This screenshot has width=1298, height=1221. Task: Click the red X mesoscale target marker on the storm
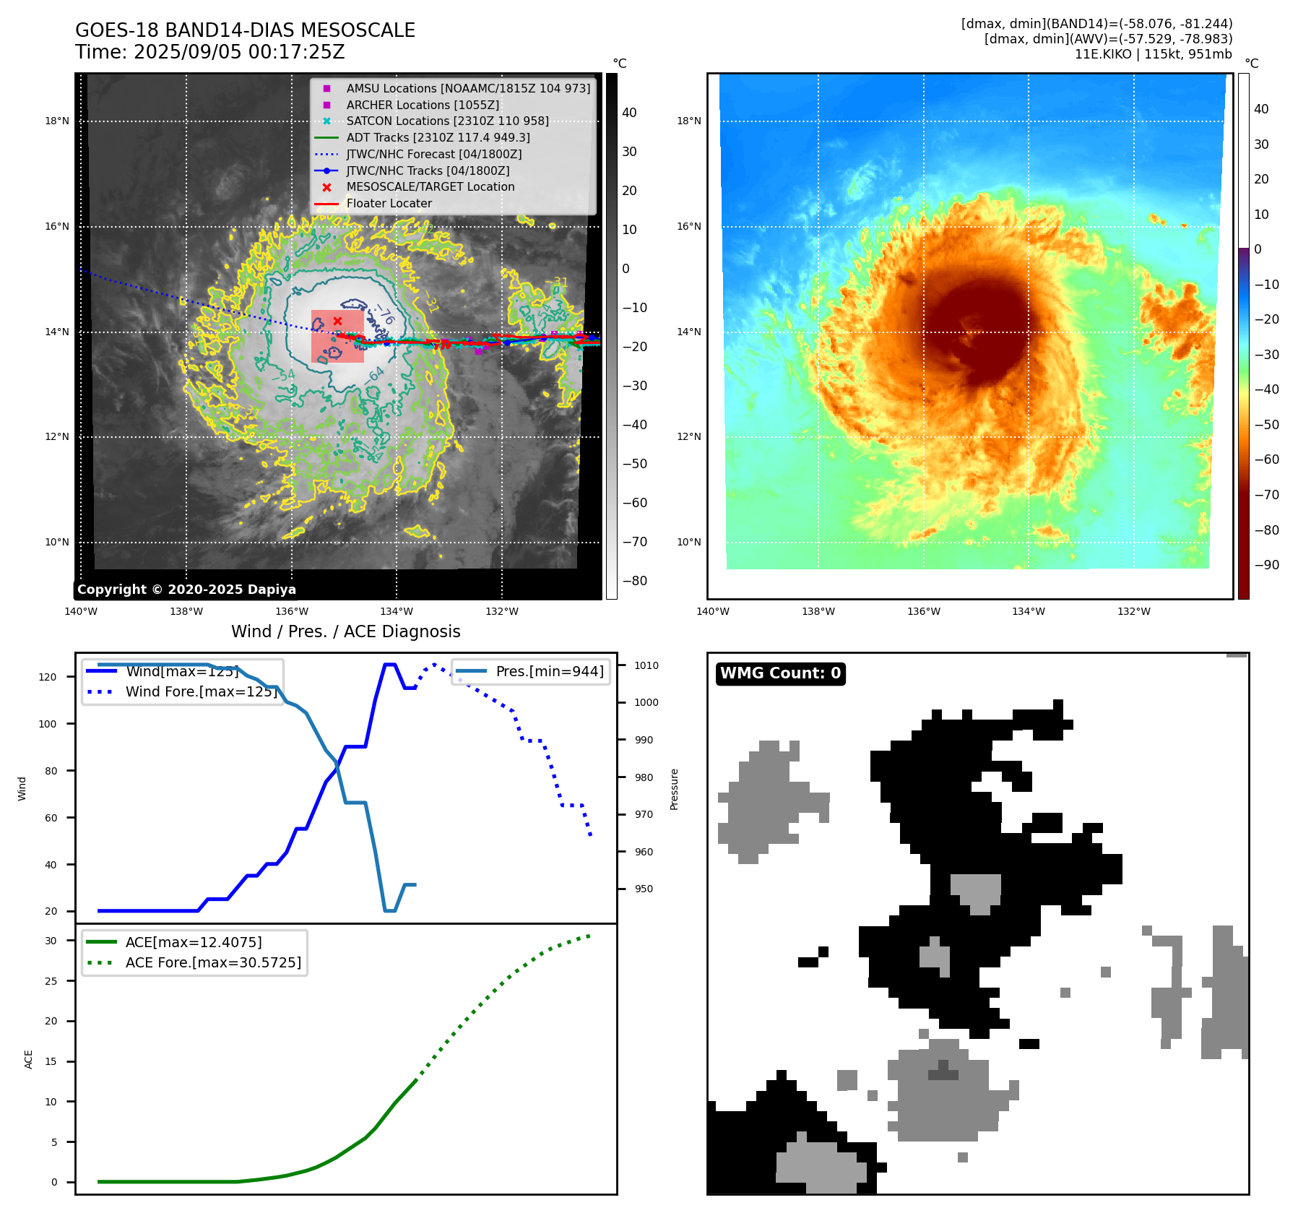[x=337, y=321]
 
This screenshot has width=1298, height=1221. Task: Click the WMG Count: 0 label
[x=780, y=673]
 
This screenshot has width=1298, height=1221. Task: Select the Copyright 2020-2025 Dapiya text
[x=186, y=590]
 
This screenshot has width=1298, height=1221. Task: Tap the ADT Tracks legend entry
[x=438, y=137]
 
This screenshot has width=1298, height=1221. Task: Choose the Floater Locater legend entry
[x=389, y=204]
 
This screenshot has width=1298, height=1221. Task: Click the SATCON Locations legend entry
[x=447, y=121]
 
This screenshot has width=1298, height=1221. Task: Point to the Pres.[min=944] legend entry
[x=549, y=671]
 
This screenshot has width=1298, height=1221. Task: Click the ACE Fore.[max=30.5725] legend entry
[x=213, y=962]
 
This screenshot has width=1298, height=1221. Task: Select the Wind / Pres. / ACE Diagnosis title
[x=345, y=631]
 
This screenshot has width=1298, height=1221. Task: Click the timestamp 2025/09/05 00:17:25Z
[x=239, y=53]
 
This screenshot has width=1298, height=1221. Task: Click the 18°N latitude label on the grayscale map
[x=57, y=121]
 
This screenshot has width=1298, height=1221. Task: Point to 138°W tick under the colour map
[x=818, y=611]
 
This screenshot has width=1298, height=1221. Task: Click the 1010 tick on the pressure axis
[x=646, y=665]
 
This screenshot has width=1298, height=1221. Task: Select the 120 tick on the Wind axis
[x=48, y=677]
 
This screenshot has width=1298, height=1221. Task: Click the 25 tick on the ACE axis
[x=51, y=981]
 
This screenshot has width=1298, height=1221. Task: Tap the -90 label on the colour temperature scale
[x=1266, y=565]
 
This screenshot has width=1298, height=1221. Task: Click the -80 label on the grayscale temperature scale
[x=635, y=581]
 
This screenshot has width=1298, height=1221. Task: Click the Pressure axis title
[x=674, y=789]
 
